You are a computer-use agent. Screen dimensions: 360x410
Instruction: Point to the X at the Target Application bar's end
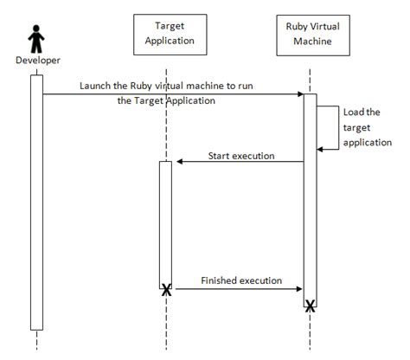165,291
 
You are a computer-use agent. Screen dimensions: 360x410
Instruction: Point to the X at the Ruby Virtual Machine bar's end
310,304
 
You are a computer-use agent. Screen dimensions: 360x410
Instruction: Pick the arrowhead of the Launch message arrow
298,93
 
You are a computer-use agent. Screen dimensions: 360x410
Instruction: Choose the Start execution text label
241,156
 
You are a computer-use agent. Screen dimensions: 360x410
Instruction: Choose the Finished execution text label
241,280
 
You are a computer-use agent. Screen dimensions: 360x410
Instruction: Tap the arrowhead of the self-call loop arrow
321,149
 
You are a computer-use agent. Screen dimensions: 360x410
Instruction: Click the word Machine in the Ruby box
310,40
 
